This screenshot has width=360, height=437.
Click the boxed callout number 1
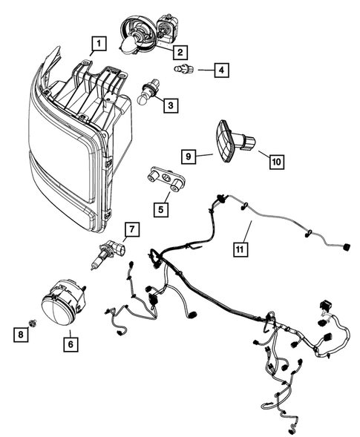tap(99, 44)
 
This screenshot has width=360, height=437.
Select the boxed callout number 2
tap(180, 52)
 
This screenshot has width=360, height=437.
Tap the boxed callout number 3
tap(171, 105)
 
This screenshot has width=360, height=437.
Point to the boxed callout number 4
tap(221, 70)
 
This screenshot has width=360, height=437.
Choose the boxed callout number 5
tap(161, 209)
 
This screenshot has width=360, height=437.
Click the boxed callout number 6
tap(71, 344)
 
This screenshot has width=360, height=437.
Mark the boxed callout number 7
tap(132, 229)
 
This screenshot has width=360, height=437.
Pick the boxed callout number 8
tap(21, 334)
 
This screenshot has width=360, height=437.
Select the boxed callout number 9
tap(189, 157)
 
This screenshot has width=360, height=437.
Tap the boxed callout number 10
tap(277, 162)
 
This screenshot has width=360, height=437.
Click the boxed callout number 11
tap(240, 249)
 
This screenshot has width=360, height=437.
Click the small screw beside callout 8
tap(33, 323)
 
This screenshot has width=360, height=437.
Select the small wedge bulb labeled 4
tap(184, 68)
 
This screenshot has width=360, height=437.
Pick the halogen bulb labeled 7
tap(108, 254)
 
